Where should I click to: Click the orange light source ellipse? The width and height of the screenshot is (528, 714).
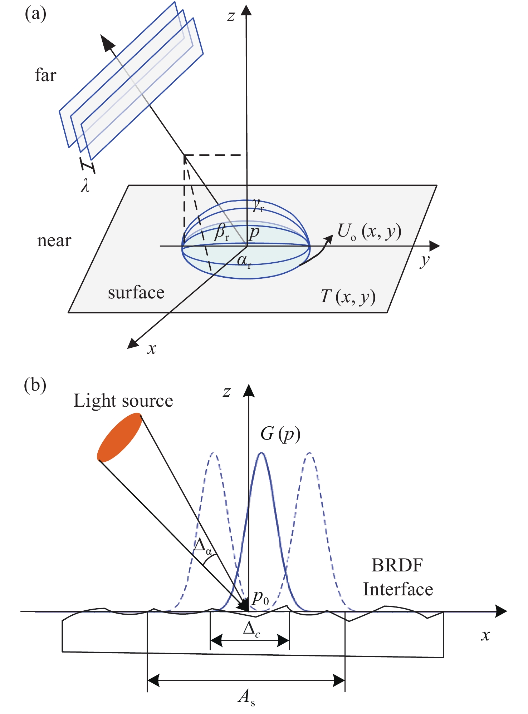click(x=119, y=437)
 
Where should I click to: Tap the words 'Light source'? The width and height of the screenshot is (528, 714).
click(x=123, y=401)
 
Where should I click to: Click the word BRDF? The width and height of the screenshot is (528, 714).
click(x=397, y=565)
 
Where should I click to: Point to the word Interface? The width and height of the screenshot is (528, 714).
click(x=398, y=589)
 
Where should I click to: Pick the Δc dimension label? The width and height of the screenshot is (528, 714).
click(x=251, y=629)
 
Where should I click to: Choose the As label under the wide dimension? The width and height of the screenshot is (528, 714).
click(x=246, y=696)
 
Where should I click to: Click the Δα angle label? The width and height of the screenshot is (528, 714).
click(x=202, y=546)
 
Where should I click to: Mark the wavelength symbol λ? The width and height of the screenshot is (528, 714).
click(x=85, y=186)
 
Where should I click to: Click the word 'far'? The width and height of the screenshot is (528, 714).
click(x=45, y=75)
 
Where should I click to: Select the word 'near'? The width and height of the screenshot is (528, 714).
click(x=54, y=241)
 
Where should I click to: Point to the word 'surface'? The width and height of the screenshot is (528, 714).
click(x=136, y=293)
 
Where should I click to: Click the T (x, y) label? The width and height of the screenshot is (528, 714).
click(x=348, y=296)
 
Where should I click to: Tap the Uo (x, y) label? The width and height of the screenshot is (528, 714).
click(x=369, y=232)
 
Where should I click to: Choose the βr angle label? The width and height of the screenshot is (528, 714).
click(x=222, y=232)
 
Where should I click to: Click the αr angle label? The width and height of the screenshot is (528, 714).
click(x=244, y=261)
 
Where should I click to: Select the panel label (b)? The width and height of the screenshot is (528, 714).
click(x=35, y=385)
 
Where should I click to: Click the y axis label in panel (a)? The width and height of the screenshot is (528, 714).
click(x=425, y=261)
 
